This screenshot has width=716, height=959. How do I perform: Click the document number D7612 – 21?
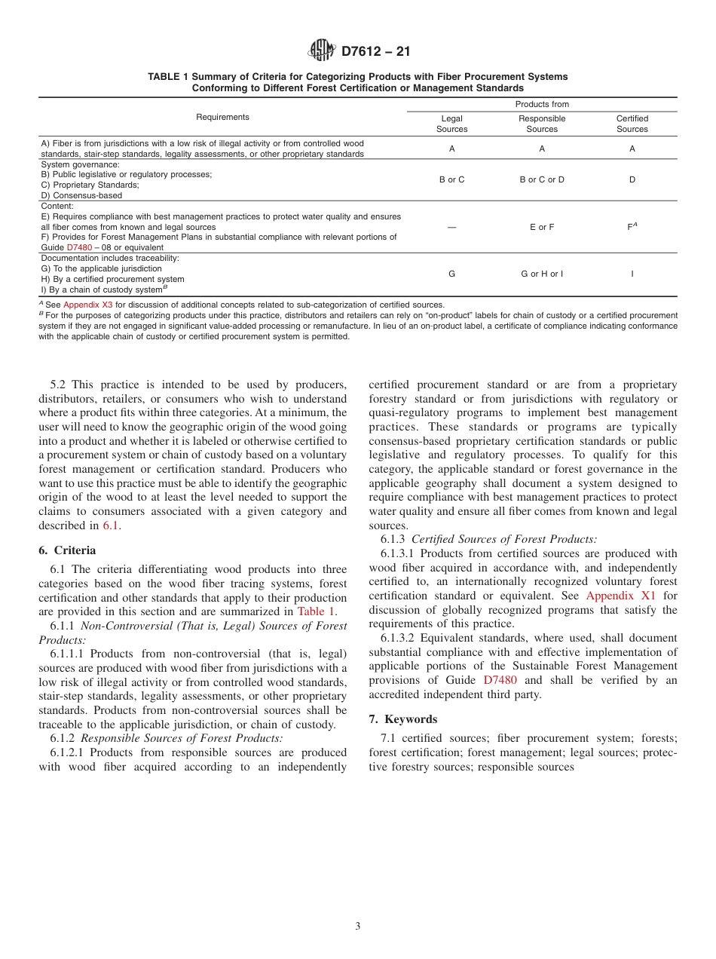[x=375, y=52]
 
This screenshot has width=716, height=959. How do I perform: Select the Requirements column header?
[x=222, y=117]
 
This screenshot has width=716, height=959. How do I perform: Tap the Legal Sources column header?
[x=451, y=124]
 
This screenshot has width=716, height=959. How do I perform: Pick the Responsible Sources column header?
[x=541, y=124]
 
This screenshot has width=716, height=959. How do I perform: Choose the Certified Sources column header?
[x=632, y=124]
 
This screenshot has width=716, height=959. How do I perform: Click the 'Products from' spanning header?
[x=541, y=104]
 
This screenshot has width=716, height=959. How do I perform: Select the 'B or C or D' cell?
[x=541, y=179]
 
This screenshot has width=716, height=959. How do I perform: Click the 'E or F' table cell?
[x=541, y=227]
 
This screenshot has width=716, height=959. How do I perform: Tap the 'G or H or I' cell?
[x=541, y=274]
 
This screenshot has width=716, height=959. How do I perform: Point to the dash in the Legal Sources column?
[x=451, y=227]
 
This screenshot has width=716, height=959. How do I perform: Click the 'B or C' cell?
[x=451, y=179]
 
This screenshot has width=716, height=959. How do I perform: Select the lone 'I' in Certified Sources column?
[x=632, y=274]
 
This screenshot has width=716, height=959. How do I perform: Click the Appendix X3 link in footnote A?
[x=87, y=305]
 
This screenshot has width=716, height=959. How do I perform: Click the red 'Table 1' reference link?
[x=317, y=611]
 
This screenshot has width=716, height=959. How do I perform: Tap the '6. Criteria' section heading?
[x=68, y=550]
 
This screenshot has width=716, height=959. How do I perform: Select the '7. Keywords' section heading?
[x=403, y=719]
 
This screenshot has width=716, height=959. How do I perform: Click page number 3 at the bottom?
[x=358, y=927]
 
